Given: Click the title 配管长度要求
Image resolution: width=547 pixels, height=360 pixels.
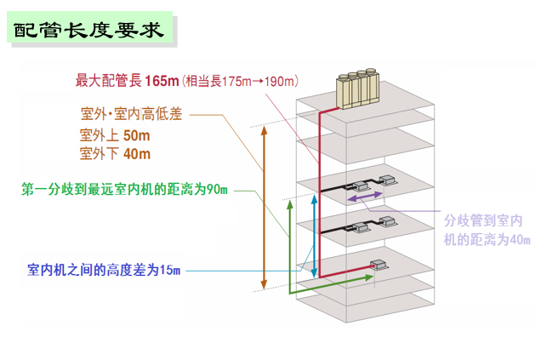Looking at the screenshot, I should (92, 31).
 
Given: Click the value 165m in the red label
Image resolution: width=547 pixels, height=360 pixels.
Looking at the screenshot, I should (162, 82).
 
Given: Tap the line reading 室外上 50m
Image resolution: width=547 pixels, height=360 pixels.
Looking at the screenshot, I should (115, 135).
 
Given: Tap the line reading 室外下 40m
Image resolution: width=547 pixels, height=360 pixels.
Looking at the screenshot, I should (115, 154).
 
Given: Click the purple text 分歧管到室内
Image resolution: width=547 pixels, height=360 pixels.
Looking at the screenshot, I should (485, 220).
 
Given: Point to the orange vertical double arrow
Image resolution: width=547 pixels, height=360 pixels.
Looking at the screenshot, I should (264, 208).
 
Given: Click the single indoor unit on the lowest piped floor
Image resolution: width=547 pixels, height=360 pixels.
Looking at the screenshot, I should (380, 261).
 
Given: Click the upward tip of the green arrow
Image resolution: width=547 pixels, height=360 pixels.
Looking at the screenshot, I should (289, 202).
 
